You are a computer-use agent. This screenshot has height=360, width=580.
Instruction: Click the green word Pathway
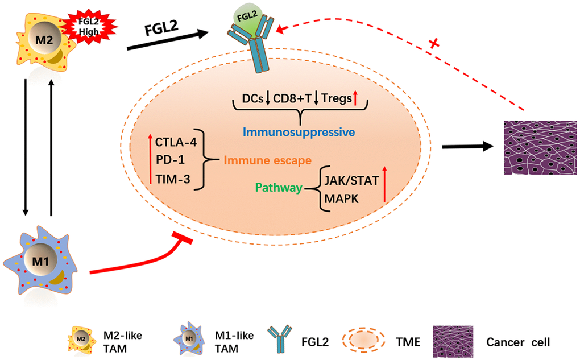click(277, 188)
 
